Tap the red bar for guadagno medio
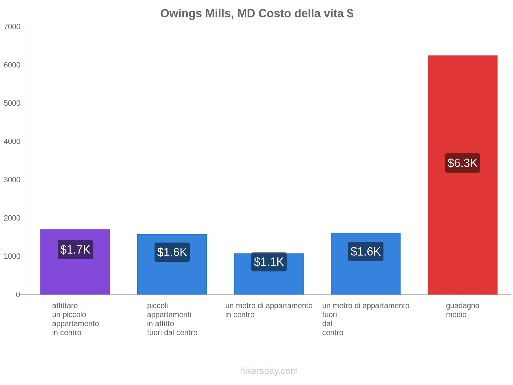point(462,225)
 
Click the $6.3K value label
point(462,163)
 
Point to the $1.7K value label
point(75,250)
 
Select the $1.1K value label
point(269,262)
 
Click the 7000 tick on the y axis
point(12,27)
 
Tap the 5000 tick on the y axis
point(12,103)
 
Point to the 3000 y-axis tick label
point(12,180)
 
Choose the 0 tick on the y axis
point(18,295)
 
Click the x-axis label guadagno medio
point(462,310)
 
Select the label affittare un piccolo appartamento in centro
point(75,319)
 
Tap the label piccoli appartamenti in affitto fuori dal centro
point(172,319)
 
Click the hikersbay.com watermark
point(269,371)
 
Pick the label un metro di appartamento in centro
point(269,310)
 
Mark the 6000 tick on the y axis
point(12,65)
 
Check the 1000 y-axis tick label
point(12,256)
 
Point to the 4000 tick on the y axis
point(12,141)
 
